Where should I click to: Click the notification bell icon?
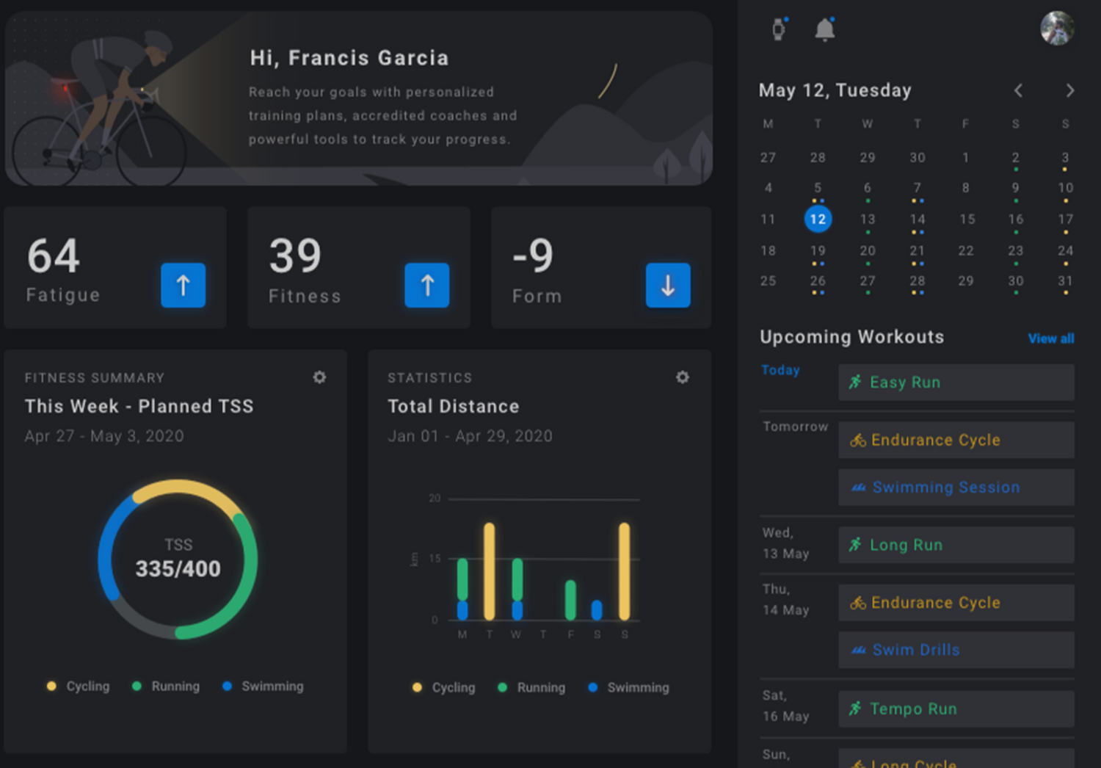pyautogui.click(x=825, y=29)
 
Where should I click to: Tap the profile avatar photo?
pyautogui.click(x=1057, y=28)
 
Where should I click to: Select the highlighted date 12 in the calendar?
pyautogui.click(x=818, y=219)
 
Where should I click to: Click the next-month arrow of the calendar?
pyautogui.click(x=1069, y=90)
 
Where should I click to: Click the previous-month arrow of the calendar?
pyautogui.click(x=1019, y=90)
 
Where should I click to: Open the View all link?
pyautogui.click(x=1050, y=338)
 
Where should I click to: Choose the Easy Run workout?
pyautogui.click(x=956, y=383)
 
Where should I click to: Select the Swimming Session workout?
pyautogui.click(x=956, y=488)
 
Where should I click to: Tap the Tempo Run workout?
pyautogui.click(x=956, y=709)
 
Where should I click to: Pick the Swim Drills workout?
pyautogui.click(x=956, y=651)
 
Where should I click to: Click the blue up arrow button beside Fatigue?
pyautogui.click(x=183, y=285)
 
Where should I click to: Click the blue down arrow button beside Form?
pyautogui.click(x=668, y=285)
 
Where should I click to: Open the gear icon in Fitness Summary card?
pyautogui.click(x=319, y=377)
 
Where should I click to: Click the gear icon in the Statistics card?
pyautogui.click(x=683, y=377)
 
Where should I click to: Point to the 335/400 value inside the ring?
pyautogui.click(x=178, y=569)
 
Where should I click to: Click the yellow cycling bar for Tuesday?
pyautogui.click(x=489, y=571)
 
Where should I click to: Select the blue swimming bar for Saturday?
pyautogui.click(x=597, y=609)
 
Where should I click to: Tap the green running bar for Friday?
pyautogui.click(x=570, y=599)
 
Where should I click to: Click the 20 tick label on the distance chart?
pyautogui.click(x=435, y=499)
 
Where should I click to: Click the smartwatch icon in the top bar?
pyautogui.click(x=779, y=29)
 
